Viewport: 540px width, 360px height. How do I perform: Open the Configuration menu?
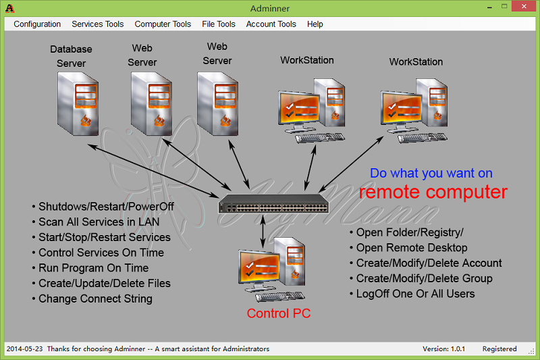(37, 24)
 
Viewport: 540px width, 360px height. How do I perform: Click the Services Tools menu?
(97, 24)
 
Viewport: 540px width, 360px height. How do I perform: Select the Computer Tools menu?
(163, 24)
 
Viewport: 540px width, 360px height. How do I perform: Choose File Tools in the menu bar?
(218, 24)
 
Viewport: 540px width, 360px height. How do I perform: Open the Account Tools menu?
(271, 24)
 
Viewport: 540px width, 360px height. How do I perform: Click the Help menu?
(315, 24)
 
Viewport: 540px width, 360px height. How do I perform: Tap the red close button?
(524, 6)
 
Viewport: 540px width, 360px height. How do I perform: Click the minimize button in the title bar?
(489, 7)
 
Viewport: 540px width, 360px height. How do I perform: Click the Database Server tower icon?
(78, 103)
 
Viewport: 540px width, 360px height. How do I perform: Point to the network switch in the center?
(273, 203)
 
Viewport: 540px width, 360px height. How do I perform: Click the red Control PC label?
(279, 313)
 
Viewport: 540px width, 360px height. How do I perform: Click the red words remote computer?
(433, 192)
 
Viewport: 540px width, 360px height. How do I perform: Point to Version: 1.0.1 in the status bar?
(443, 349)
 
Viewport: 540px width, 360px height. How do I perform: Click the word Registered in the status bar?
(500, 349)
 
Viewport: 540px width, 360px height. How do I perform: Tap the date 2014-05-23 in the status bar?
(24, 349)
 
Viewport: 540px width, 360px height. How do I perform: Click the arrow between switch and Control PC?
(263, 232)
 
